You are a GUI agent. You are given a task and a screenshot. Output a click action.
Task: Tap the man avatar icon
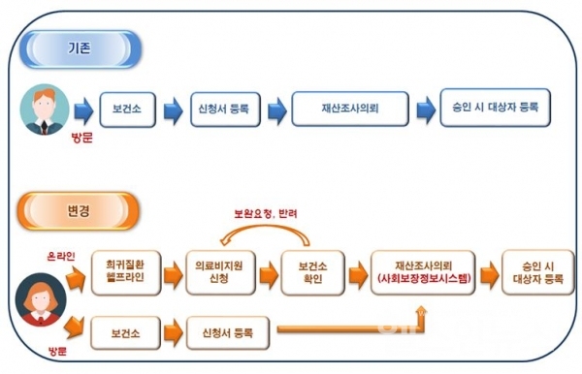(46, 109)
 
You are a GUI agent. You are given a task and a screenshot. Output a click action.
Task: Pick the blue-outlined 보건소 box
(128, 108)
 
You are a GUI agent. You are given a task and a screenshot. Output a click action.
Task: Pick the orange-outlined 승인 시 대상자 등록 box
(533, 271)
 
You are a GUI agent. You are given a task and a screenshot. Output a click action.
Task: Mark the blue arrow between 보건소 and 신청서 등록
(174, 108)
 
